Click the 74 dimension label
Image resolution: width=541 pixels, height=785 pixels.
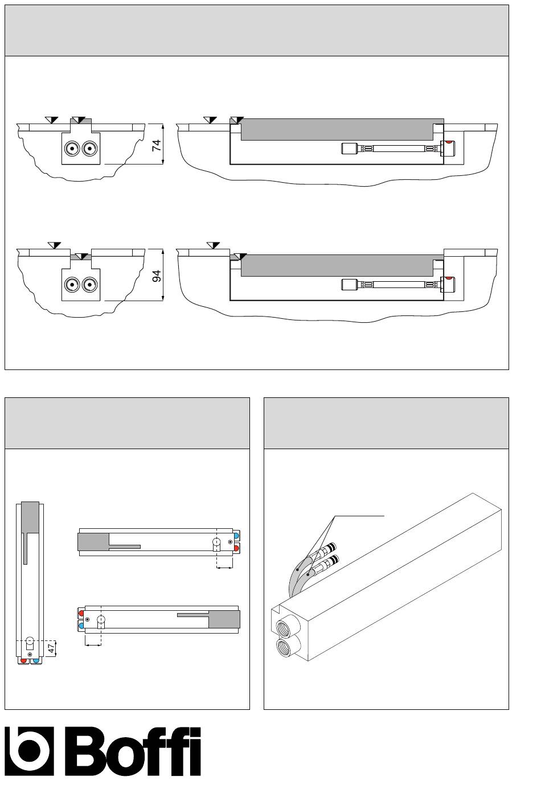click(x=157, y=145)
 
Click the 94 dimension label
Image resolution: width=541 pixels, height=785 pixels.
click(x=157, y=276)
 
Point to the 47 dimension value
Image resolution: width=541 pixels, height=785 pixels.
click(x=51, y=648)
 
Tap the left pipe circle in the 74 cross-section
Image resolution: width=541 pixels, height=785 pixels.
click(x=72, y=149)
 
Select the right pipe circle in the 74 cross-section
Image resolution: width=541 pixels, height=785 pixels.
click(x=89, y=149)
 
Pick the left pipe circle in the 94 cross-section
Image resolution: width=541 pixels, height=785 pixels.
click(x=72, y=285)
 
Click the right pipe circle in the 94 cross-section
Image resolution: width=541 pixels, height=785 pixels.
click(x=89, y=285)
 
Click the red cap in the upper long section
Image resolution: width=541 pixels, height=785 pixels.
click(x=448, y=142)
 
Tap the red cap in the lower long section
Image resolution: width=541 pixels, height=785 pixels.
click(x=448, y=278)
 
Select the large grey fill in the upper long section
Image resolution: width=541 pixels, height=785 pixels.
click(x=337, y=129)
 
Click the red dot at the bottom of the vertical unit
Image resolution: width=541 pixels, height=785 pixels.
click(x=23, y=660)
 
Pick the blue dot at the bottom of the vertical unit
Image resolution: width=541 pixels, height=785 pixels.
click(x=36, y=660)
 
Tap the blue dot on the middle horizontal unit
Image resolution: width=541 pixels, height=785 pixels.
click(x=237, y=536)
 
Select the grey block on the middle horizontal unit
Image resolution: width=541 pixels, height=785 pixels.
click(x=93, y=542)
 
